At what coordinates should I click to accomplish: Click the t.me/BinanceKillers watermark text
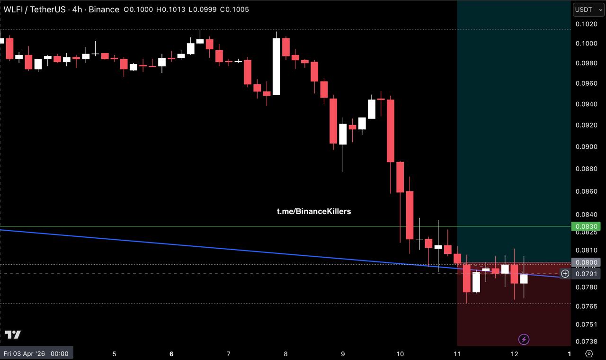point(314,211)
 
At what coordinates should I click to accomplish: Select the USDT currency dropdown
point(588,9)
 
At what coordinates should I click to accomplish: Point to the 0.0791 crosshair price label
point(587,274)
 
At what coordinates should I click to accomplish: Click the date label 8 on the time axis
point(286,354)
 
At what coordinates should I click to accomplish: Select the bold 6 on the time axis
point(171,354)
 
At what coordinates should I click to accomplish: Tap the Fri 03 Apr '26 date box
point(36,353)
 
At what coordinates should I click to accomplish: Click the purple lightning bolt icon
point(524,339)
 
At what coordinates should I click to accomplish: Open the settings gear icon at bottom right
point(589,354)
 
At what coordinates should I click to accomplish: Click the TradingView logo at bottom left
point(13,335)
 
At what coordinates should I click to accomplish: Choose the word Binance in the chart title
point(104,9)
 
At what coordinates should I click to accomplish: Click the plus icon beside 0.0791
point(565,274)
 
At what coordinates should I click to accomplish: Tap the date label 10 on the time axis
point(400,354)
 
